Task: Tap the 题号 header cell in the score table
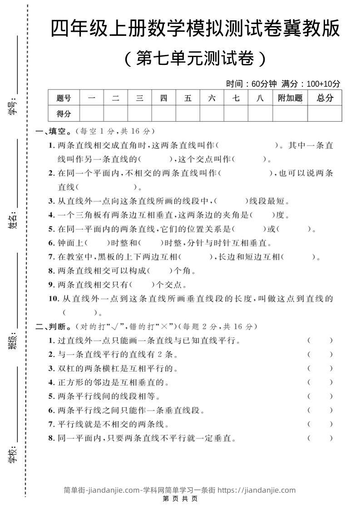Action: click(64, 98)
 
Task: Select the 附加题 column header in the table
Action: click(290, 98)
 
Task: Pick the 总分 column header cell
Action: click(325, 98)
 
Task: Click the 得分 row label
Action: click(64, 113)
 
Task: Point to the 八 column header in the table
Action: click(260, 98)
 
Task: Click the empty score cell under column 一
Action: click(91, 113)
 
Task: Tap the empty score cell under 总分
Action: click(325, 113)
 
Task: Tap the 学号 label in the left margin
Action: click(13, 107)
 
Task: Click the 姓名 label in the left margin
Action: click(13, 220)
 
